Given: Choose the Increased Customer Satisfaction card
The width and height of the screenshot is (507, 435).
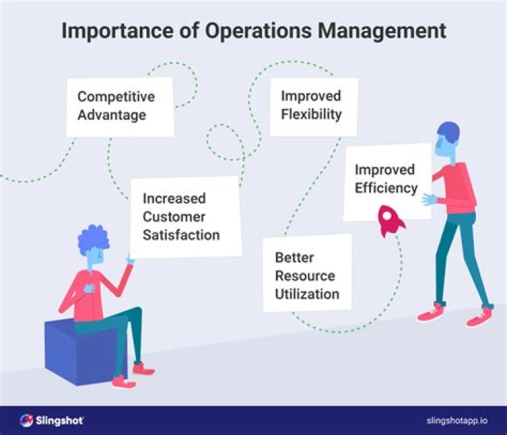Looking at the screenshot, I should point(184,217).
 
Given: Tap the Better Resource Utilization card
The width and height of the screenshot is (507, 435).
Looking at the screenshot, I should point(308,275).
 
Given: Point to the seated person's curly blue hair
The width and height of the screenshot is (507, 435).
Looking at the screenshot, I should point(93,241).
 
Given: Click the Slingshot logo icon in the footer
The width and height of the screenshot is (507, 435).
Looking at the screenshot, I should point(27,420).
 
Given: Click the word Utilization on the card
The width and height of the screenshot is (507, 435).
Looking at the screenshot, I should point(307,294).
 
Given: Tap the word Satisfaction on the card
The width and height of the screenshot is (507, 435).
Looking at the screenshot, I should point(181,234).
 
